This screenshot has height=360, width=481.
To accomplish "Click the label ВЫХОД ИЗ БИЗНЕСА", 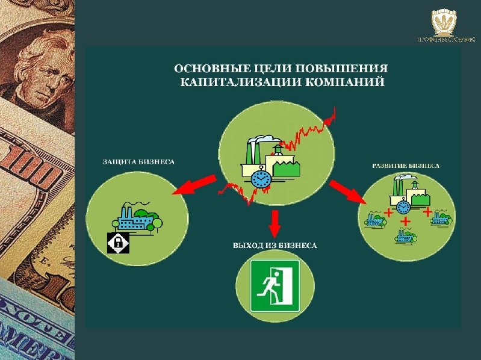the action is click(x=275, y=246).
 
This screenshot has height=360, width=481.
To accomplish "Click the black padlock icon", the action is click(x=119, y=242).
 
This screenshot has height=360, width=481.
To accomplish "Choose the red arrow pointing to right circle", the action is click(x=350, y=192).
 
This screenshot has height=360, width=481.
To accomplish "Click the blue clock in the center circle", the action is click(x=261, y=178).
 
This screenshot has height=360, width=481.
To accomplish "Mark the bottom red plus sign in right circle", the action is click(x=406, y=222).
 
